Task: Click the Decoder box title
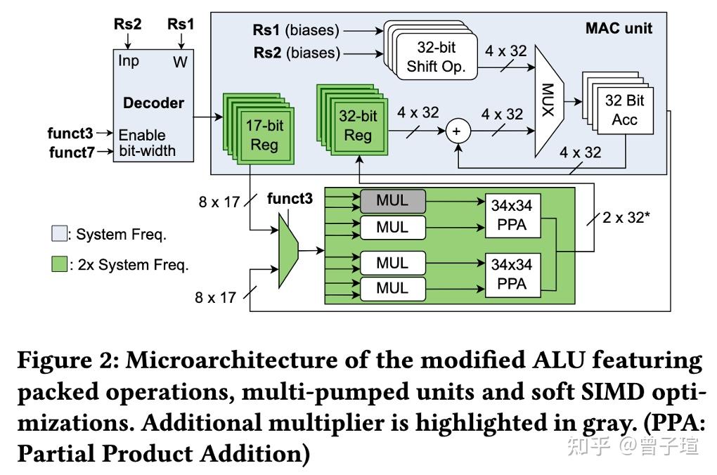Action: pyautogui.click(x=153, y=103)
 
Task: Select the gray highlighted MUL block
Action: pyautogui.click(x=392, y=200)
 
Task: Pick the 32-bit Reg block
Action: pyautogui.click(x=358, y=125)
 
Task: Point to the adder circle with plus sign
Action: pyautogui.click(x=458, y=131)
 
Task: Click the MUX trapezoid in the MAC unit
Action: pyautogui.click(x=548, y=98)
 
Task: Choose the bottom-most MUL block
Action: pyautogui.click(x=392, y=287)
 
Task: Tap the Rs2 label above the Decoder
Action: pyautogui.click(x=127, y=24)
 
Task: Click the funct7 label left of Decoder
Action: pyautogui.click(x=70, y=152)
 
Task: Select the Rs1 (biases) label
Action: pyautogui.click(x=296, y=30)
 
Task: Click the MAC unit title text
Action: pyautogui.click(x=619, y=28)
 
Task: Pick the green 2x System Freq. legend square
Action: pyautogui.click(x=60, y=265)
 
